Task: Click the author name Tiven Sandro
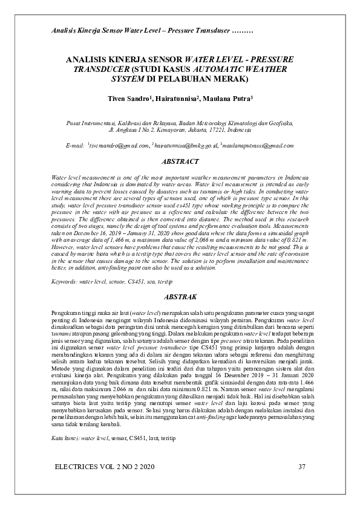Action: [129, 98]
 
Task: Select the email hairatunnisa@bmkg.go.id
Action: [186, 146]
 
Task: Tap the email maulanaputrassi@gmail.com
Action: [258, 146]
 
